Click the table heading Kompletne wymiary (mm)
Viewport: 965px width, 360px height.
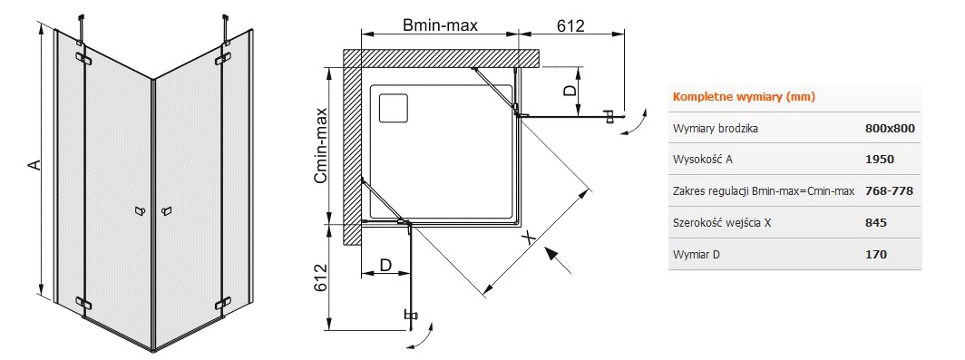pyautogui.click(x=744, y=97)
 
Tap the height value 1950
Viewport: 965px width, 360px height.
pyautogui.click(x=880, y=160)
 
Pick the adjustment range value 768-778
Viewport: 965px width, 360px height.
pyautogui.click(x=890, y=190)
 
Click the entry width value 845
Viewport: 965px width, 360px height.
pyautogui.click(x=876, y=222)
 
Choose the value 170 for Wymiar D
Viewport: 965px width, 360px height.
pyautogui.click(x=876, y=254)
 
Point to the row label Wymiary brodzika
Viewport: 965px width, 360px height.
pyautogui.click(x=716, y=130)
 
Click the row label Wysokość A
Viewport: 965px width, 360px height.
pyautogui.click(x=704, y=160)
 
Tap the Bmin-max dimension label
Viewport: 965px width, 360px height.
pyautogui.click(x=440, y=25)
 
